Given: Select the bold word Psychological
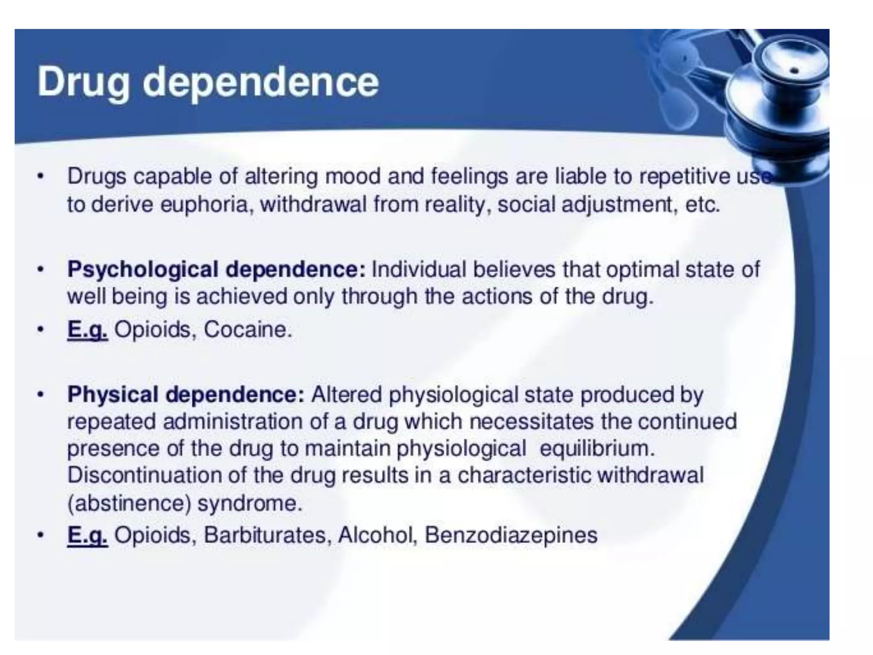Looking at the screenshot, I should pyautogui.click(x=143, y=270).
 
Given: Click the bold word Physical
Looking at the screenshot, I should pyautogui.click(x=113, y=394).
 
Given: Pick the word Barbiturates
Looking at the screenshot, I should pyautogui.click(x=265, y=535).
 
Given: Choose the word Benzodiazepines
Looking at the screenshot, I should pyautogui.click(x=511, y=535).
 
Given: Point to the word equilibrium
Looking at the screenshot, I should pyautogui.click(x=597, y=449).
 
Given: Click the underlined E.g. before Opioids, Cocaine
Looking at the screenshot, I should pyautogui.click(x=87, y=330).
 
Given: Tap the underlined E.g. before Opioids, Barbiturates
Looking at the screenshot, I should pyautogui.click(x=87, y=535).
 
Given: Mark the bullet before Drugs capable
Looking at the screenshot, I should pyautogui.click(x=40, y=177).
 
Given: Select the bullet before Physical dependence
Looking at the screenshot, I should pyautogui.click(x=40, y=395).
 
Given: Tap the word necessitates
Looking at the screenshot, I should pyautogui.click(x=531, y=422).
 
